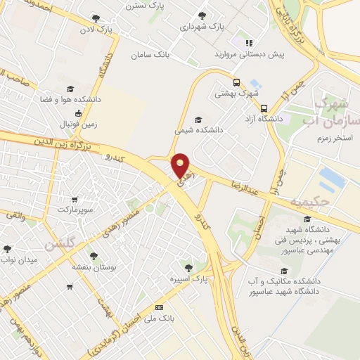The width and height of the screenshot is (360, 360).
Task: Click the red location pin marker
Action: [x=181, y=165]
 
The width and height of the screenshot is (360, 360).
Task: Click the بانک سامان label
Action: [x=151, y=55]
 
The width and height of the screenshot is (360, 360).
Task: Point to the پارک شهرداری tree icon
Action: [x=202, y=15]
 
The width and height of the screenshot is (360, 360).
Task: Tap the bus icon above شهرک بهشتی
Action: [x=238, y=82]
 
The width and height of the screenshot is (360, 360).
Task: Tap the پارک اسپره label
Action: [x=188, y=278]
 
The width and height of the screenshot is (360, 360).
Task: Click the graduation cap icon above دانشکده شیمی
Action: [x=198, y=120]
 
